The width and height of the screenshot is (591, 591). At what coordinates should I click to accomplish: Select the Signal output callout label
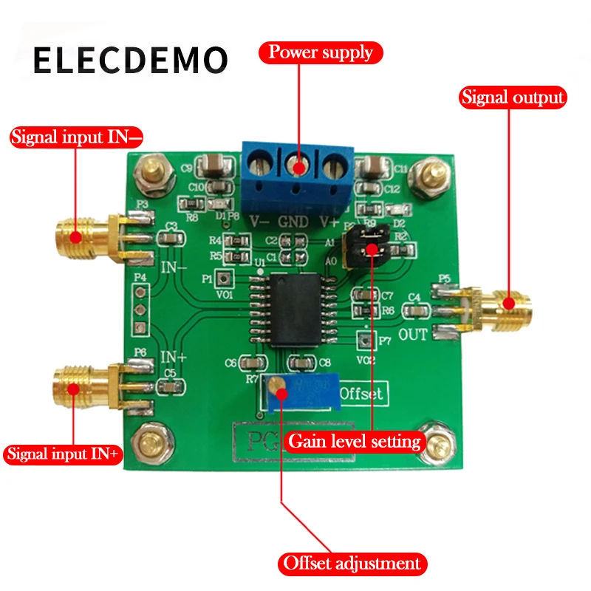point(513,97)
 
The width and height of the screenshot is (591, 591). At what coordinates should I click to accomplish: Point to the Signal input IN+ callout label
point(63,454)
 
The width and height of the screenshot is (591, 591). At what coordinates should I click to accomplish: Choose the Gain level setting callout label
point(355,442)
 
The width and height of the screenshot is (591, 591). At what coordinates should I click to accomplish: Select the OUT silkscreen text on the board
point(413,335)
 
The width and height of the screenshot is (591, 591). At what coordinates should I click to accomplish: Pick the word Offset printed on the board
point(363,394)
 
